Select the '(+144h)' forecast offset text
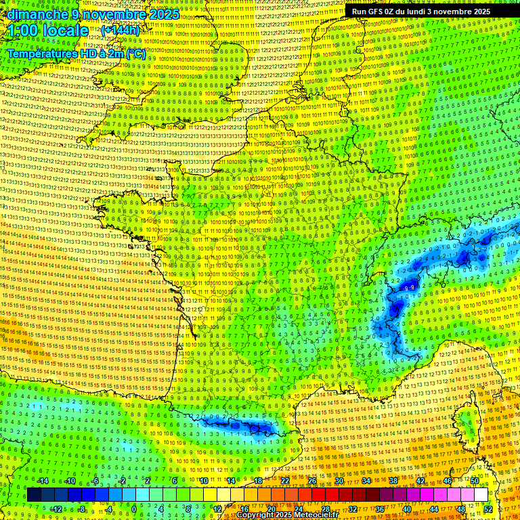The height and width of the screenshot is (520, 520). [120, 30]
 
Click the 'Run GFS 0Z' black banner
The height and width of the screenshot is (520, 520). [421, 12]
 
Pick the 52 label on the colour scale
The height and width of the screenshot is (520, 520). [488, 508]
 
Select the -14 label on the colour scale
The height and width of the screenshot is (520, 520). [43, 481]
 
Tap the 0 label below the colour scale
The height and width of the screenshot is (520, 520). [134, 508]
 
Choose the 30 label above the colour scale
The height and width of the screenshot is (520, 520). [339, 481]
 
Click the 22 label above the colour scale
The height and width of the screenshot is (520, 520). [285, 481]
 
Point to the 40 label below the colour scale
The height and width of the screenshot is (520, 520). [407, 508]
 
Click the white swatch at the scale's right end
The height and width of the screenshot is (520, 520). [481, 495]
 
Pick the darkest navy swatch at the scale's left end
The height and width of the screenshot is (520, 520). [34, 495]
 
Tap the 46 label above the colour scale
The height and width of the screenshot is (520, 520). [448, 481]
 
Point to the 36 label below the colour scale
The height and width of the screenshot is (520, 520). [380, 508]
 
